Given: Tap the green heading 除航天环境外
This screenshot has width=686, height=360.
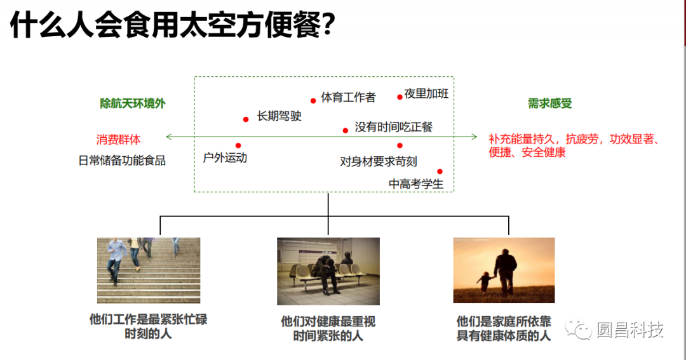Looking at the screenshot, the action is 133,103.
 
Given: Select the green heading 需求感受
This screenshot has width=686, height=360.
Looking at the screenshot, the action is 549,103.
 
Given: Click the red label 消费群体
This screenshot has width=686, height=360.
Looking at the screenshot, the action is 119,139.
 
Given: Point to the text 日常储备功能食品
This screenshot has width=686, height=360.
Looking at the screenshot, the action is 122,161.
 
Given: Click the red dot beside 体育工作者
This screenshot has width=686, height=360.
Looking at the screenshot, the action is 313,100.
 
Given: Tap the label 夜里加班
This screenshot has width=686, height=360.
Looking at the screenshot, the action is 426,94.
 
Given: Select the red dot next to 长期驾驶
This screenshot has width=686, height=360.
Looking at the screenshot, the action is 246,119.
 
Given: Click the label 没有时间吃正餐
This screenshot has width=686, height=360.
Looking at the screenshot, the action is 394,127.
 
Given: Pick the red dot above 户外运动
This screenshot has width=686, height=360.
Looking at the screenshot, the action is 238,145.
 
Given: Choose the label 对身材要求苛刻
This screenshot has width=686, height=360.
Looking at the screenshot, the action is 379,162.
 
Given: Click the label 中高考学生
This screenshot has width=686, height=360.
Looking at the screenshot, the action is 416,183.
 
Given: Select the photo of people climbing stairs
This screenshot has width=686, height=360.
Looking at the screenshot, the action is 149,270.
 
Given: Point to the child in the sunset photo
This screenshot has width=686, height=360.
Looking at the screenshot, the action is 485,281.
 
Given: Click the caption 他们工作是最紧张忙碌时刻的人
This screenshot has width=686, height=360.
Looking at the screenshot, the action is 149,326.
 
